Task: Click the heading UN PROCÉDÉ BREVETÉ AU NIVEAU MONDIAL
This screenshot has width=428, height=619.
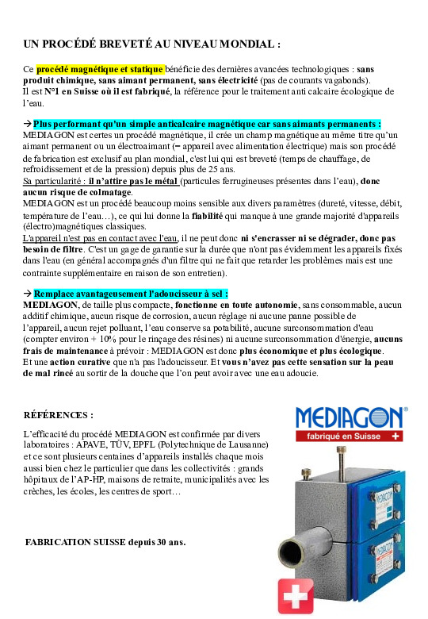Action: point(151,43)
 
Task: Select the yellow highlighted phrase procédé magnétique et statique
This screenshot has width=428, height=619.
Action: point(100,69)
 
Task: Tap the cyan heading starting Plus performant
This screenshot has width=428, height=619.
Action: point(207,124)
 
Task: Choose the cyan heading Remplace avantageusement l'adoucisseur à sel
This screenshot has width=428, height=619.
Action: point(131,293)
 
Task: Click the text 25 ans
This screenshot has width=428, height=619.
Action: point(221,170)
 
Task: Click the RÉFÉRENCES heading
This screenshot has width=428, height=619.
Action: point(59,414)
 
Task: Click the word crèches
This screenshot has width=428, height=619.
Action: point(41,491)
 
